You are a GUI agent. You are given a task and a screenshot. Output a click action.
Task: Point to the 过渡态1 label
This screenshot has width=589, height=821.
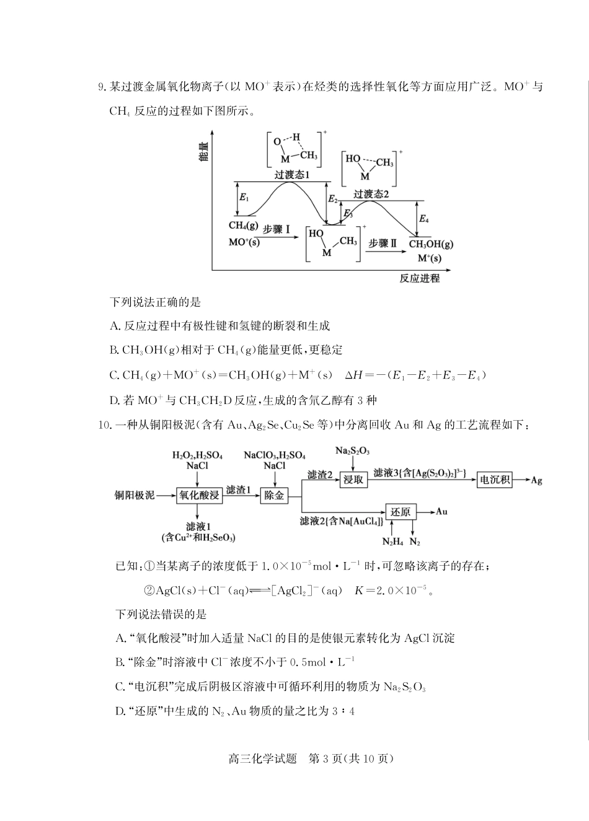click(292, 175)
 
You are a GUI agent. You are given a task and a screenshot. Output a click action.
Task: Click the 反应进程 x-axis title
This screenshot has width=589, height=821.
click(420, 278)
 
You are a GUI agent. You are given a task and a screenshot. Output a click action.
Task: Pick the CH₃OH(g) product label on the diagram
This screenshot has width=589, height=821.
click(431, 244)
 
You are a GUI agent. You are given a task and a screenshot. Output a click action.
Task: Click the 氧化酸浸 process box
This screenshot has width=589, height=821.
click(199, 495)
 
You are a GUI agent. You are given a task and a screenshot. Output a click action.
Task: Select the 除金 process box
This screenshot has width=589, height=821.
click(274, 495)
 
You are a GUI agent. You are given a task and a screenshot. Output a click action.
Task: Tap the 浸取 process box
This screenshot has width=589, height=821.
click(353, 479)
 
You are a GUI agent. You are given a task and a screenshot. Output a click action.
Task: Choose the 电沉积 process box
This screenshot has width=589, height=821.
click(494, 479)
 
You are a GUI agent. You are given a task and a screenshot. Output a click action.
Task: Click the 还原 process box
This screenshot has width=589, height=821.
click(401, 512)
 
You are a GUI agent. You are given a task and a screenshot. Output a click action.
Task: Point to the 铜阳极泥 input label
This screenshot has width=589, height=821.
click(134, 495)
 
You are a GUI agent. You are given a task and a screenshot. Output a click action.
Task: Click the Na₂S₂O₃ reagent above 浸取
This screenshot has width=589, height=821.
click(352, 450)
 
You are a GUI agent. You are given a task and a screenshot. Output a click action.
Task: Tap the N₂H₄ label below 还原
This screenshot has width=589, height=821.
click(392, 542)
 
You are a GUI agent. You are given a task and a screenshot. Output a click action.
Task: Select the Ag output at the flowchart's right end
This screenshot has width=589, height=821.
click(536, 480)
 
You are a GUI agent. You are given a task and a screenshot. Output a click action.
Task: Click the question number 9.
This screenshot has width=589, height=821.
click(101, 87)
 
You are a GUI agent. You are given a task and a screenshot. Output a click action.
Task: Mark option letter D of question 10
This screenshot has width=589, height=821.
click(120, 711)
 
